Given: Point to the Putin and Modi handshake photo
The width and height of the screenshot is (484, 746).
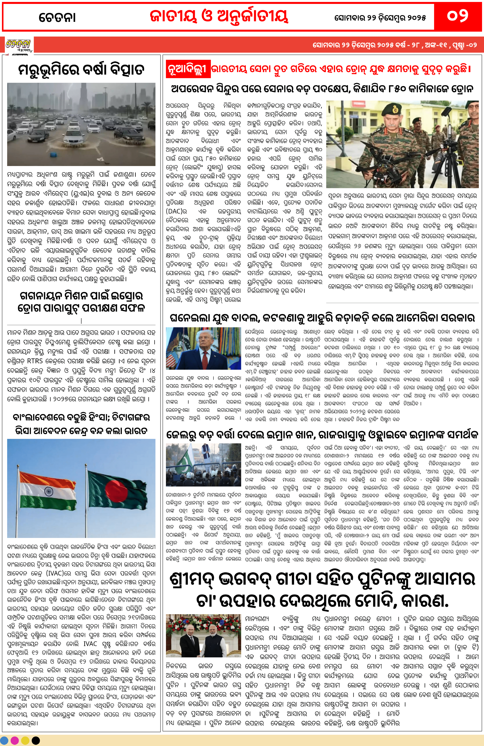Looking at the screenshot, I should (203, 639).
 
